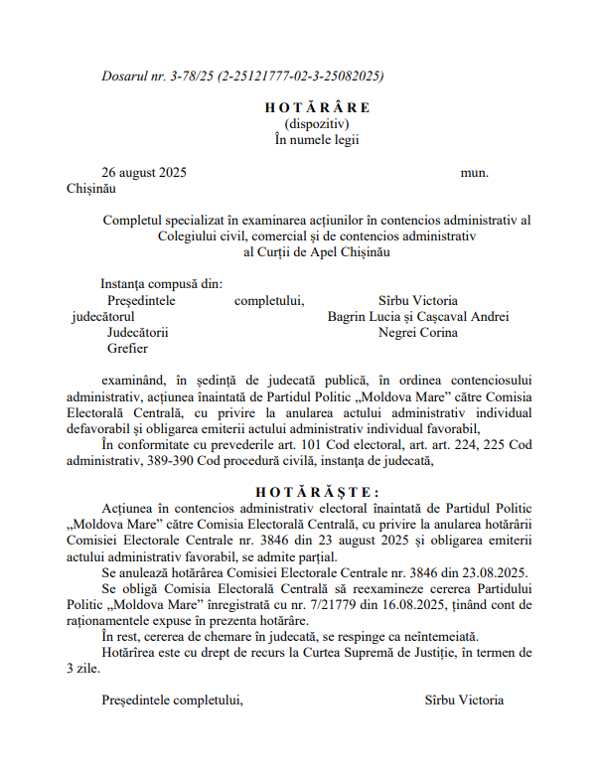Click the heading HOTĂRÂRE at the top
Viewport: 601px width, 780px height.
point(317,107)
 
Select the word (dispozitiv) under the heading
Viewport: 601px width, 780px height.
point(317,123)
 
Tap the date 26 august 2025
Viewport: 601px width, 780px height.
point(144,172)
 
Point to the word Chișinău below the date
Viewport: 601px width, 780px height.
point(91,188)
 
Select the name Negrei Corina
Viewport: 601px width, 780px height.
point(418,333)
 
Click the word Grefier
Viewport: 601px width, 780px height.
point(127,349)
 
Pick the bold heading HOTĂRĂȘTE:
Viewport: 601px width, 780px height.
point(317,491)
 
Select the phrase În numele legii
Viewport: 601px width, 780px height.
point(317,139)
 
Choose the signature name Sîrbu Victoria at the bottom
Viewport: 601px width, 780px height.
point(464,700)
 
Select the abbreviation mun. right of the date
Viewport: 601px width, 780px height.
point(474,172)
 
